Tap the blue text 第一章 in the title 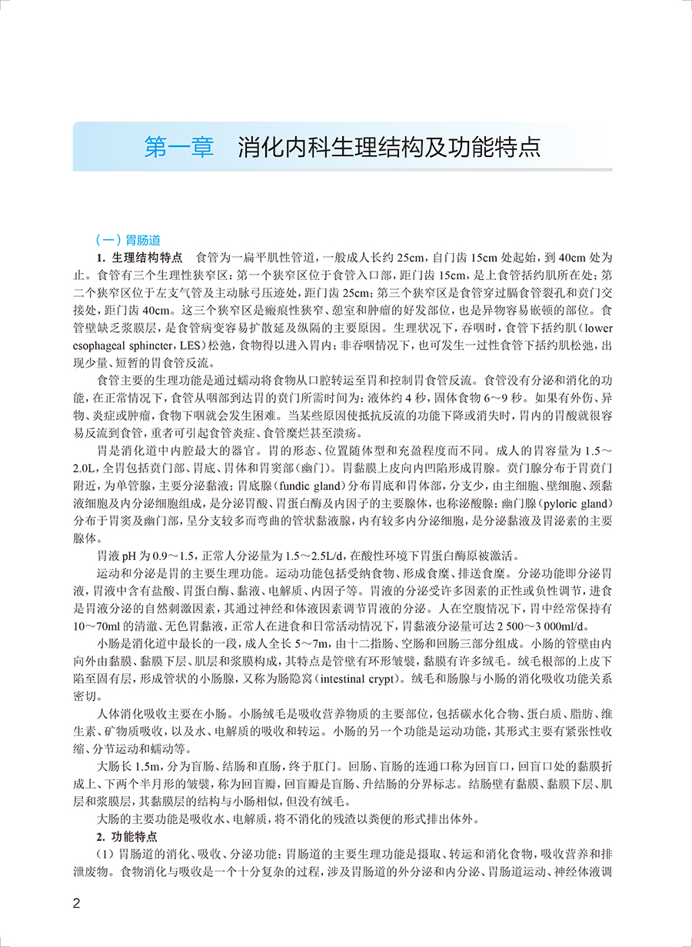pyautogui.click(x=179, y=147)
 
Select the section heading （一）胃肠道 pyautogui.click(x=125, y=239)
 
